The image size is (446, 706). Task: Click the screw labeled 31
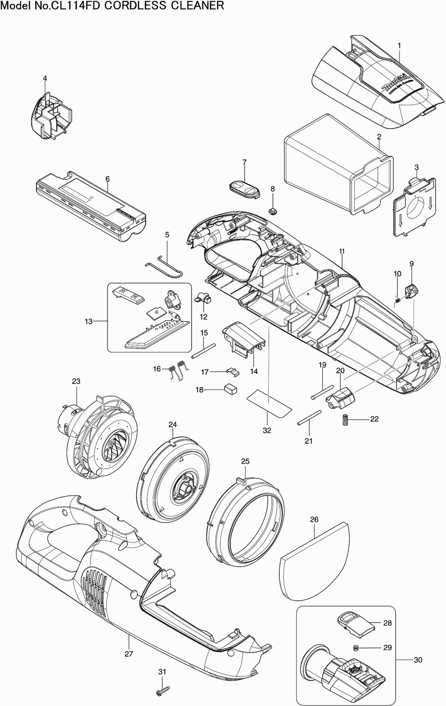(163, 692)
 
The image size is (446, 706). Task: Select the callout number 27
(128, 654)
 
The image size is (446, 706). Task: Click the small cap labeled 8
(272, 211)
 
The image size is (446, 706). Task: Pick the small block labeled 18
(230, 390)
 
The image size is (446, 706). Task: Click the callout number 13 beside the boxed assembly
(89, 321)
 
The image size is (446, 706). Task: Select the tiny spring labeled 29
(355, 648)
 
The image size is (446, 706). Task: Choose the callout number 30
(418, 660)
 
